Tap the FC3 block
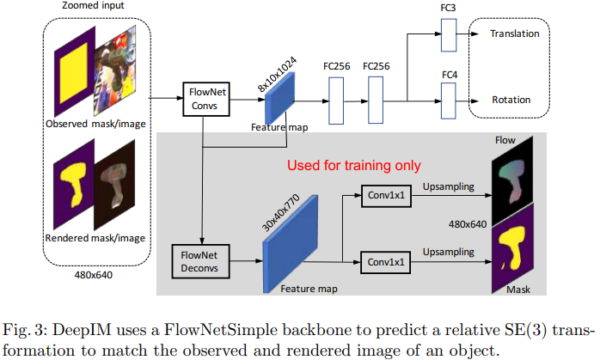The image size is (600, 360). [x=447, y=35]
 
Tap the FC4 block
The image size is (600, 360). [x=447, y=100]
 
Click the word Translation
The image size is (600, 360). [x=514, y=34]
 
